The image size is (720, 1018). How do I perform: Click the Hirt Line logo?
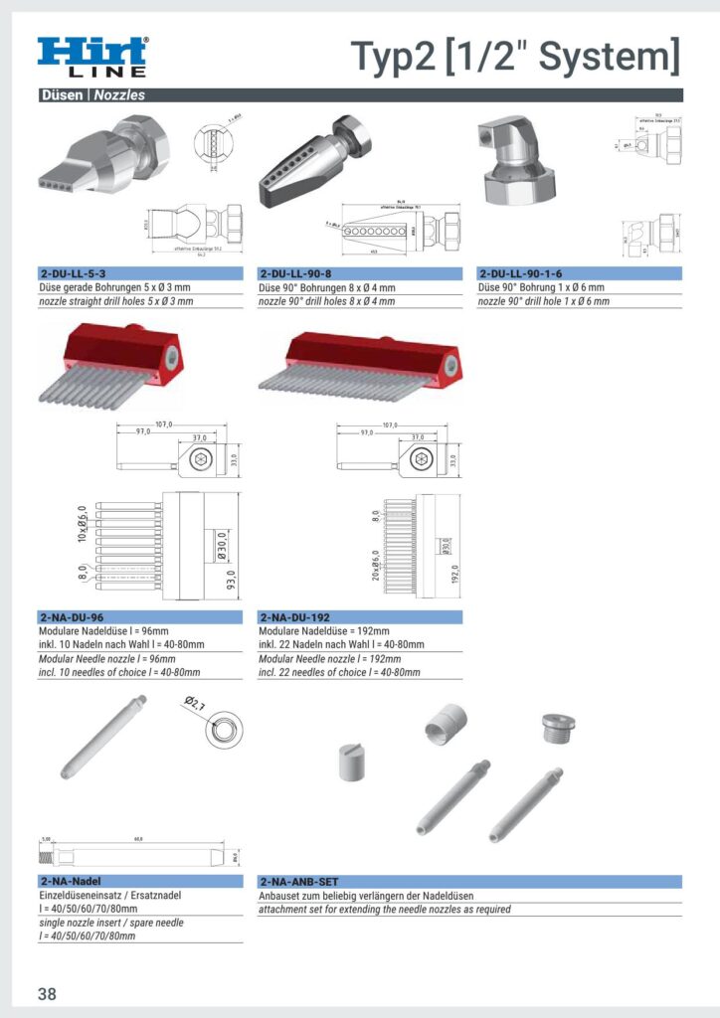point(92,57)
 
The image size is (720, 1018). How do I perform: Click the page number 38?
point(48,994)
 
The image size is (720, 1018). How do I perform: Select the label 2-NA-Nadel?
point(71,882)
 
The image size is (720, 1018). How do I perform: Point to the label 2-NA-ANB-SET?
point(299,882)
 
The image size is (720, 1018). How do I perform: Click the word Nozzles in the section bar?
point(120,95)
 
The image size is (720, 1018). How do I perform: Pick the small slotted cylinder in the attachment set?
point(352,762)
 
